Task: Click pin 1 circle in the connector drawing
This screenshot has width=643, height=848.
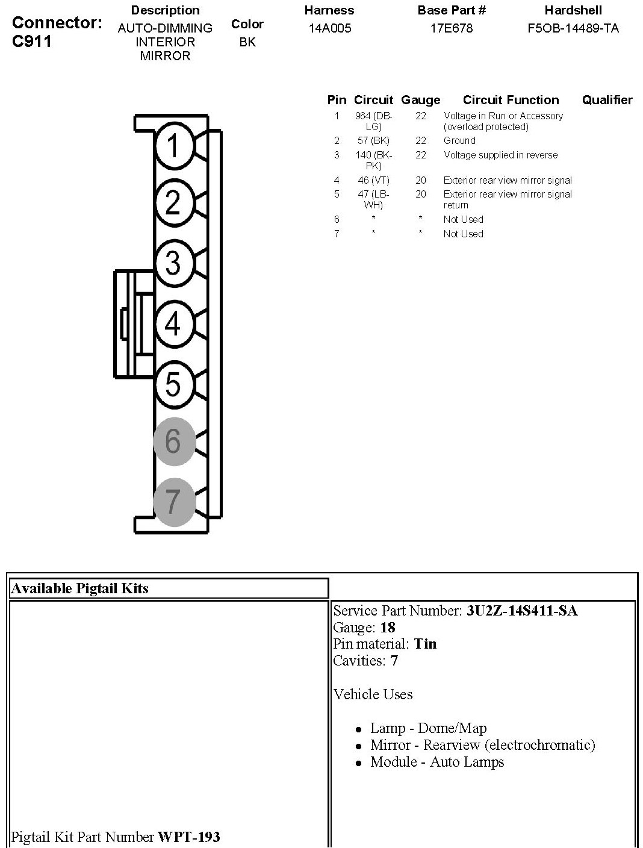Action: (x=173, y=145)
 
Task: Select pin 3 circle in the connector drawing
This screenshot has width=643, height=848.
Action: (x=173, y=263)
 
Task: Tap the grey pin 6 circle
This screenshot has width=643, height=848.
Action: (x=173, y=441)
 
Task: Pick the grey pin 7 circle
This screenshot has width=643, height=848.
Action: (x=173, y=501)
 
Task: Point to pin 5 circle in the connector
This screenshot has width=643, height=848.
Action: (x=173, y=384)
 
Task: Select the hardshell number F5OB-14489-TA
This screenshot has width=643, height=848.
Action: (x=573, y=28)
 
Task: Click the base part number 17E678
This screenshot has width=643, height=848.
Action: (x=452, y=28)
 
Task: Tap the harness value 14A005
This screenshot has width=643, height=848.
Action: (x=329, y=28)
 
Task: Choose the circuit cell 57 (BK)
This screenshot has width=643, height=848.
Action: (x=373, y=141)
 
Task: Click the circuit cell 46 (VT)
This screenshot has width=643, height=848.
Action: (x=373, y=181)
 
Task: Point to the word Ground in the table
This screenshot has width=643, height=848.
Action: (x=459, y=141)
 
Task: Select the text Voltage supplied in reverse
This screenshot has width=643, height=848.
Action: (x=500, y=155)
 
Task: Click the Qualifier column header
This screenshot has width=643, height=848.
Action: (x=607, y=100)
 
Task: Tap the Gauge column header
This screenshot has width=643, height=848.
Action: (x=420, y=100)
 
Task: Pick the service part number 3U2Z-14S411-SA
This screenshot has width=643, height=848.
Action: (x=521, y=611)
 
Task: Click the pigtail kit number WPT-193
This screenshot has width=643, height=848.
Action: (x=188, y=837)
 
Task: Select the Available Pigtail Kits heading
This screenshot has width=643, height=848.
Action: (x=80, y=588)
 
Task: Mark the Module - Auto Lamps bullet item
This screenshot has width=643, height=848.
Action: (x=436, y=762)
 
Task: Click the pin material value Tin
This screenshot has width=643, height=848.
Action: (x=425, y=644)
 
